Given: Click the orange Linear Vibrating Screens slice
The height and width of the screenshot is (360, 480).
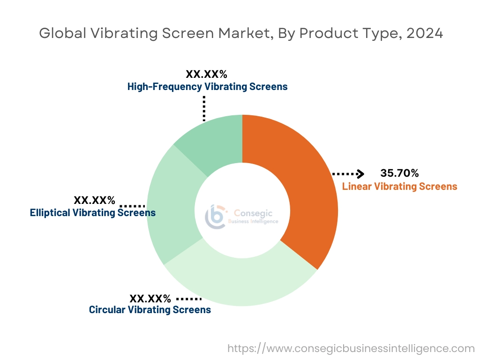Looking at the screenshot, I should (305, 187).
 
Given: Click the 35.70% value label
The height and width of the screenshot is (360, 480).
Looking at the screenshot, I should (399, 174).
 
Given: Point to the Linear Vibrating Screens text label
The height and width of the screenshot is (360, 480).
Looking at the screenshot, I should (399, 187).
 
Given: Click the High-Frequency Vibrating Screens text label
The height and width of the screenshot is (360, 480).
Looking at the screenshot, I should (207, 87).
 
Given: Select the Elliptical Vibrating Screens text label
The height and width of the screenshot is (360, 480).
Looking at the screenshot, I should (93, 213).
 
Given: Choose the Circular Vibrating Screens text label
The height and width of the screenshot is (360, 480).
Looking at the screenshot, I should (150, 310).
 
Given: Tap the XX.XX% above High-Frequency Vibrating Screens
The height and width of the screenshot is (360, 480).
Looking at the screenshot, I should (207, 74).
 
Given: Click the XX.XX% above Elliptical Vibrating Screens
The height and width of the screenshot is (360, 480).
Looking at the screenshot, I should (94, 201).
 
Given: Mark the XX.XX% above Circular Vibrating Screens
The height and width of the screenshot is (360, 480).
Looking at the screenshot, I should (150, 298).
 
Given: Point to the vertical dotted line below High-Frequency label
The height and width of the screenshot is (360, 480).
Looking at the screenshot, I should (204, 109).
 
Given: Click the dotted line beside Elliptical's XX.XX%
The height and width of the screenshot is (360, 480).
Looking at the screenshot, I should (133, 206).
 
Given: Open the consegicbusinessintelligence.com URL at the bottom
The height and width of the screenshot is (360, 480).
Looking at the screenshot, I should (351, 348).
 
